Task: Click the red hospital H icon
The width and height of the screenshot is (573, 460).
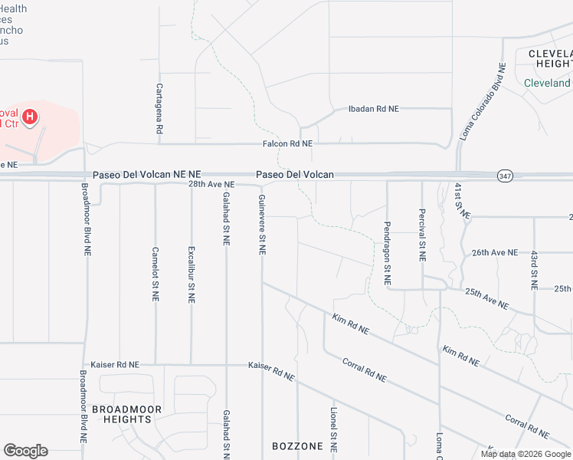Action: (29, 117)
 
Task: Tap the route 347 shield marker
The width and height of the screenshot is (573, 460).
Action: (504, 175)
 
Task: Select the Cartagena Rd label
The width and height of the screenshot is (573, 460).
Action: (159, 109)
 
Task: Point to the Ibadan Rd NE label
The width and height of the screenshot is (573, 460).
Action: (374, 109)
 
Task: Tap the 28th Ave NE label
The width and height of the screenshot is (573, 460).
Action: (211, 185)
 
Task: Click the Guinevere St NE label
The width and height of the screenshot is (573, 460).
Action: (262, 224)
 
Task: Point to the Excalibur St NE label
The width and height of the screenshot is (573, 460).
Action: (191, 273)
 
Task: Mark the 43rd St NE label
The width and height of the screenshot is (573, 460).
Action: (534, 268)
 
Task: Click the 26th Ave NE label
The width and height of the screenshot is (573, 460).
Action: (495, 252)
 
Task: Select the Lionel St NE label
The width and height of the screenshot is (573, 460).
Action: (333, 429)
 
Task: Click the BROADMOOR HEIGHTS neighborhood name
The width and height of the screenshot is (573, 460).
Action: (126, 415)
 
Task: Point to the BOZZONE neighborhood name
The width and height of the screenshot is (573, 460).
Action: (298, 446)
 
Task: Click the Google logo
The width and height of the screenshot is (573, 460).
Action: (25, 451)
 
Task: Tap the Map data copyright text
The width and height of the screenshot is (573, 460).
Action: (525, 454)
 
